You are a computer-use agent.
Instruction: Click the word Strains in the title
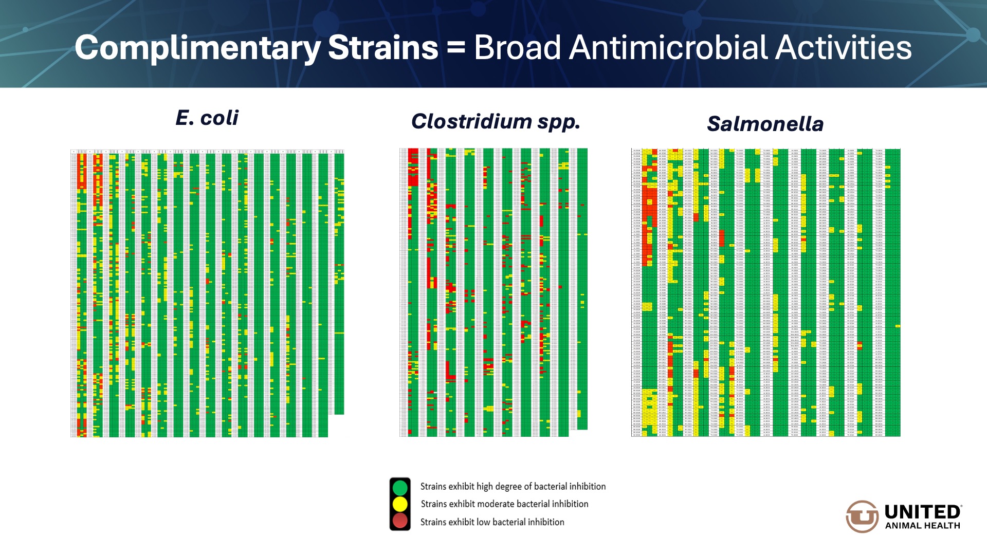coord(383,48)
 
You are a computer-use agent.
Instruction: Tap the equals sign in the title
coord(456,48)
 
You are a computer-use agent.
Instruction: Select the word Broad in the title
coord(517,48)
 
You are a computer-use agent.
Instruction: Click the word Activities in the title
coord(844,48)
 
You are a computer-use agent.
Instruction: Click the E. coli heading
coord(207,118)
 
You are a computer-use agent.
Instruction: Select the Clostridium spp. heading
coord(496,122)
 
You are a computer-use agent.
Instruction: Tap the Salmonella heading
coord(765,124)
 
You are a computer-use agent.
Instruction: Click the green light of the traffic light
coord(400,487)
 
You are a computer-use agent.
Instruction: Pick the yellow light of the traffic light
coord(400,504)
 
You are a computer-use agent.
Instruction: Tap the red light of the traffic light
coord(400,521)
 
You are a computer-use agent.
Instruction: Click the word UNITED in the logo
coord(922,512)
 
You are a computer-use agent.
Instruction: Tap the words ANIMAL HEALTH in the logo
coord(922,526)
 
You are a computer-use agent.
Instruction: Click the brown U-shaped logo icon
coord(862,516)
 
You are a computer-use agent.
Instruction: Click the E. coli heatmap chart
coord(207,293)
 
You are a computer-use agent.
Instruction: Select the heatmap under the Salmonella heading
coord(765,292)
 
